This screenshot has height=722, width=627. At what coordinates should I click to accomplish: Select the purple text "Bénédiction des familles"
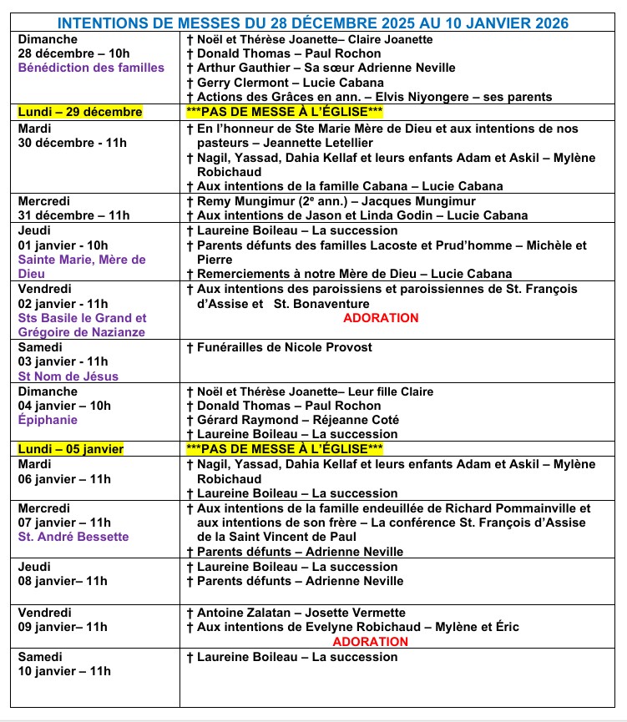tap(92, 68)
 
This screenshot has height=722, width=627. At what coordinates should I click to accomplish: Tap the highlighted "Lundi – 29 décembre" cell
tap(80, 112)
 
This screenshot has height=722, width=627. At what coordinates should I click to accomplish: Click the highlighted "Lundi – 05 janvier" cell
tap(71, 449)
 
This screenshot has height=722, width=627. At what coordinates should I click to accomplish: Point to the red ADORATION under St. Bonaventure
tap(381, 318)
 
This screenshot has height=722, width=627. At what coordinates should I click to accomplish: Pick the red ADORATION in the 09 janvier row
tap(371, 642)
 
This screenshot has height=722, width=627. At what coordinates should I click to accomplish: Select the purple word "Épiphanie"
tap(48, 420)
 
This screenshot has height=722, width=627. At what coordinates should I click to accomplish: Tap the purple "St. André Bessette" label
tap(73, 537)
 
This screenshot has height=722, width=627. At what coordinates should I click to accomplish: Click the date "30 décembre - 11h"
tap(73, 143)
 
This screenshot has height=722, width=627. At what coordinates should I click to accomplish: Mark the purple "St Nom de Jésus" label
tap(68, 376)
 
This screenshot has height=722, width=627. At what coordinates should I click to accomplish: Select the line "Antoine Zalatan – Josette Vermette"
tap(301, 613)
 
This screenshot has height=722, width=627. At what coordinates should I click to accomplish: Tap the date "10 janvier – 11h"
tap(64, 671)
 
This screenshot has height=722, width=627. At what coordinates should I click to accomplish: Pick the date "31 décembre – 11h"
tap(73, 215)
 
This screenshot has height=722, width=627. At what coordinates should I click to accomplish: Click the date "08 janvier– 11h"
tap(63, 581)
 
